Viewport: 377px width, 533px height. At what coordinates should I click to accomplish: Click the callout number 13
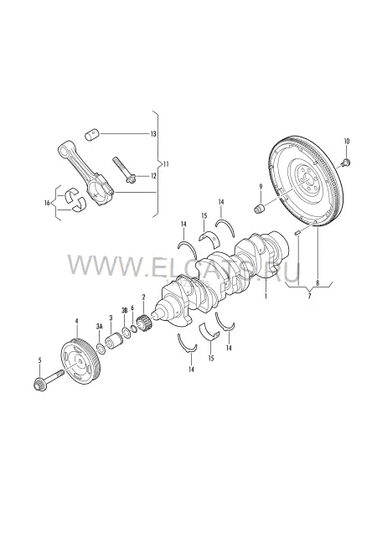153,134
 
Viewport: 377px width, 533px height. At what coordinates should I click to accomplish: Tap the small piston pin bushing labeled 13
91,133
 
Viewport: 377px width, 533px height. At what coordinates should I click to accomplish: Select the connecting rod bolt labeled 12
124,169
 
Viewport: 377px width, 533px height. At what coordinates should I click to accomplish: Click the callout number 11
166,164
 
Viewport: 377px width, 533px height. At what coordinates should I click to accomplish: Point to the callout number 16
47,203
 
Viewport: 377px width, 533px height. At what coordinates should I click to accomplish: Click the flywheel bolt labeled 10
344,163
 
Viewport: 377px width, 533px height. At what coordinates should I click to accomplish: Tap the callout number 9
261,186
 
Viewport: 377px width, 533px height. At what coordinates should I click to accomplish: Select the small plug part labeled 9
260,208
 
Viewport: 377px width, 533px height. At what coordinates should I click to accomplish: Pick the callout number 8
318,282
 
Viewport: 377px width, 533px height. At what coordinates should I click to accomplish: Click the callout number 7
309,296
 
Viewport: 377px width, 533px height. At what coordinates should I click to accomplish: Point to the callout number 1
266,296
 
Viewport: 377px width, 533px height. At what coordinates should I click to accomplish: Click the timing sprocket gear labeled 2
144,323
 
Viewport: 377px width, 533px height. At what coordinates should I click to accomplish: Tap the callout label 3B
124,310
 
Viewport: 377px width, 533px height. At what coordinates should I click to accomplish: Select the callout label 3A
99,327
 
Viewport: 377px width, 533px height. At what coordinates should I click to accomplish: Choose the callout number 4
76,321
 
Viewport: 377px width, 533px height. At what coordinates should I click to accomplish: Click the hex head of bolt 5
39,384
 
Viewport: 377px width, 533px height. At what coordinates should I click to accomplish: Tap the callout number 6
132,308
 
